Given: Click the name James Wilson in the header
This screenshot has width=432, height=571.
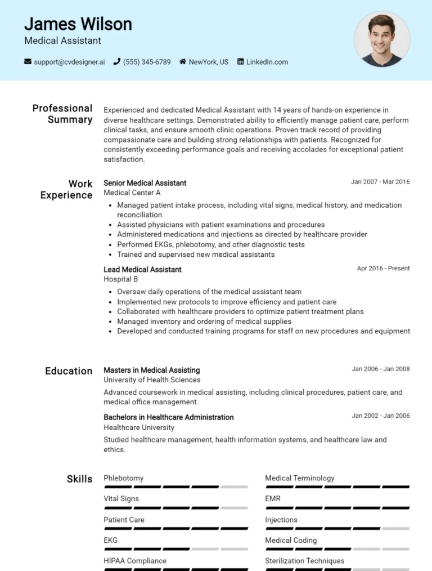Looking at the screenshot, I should (x=78, y=24).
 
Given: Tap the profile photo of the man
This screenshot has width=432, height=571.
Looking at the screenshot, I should (x=382, y=39).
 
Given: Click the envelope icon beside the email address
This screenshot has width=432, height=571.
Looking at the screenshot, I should (x=28, y=62).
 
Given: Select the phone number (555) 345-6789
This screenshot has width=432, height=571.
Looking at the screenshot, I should (x=147, y=62).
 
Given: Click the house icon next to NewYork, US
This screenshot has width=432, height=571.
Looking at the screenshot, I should (x=183, y=62).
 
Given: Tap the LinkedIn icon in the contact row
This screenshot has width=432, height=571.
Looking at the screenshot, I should (x=241, y=62).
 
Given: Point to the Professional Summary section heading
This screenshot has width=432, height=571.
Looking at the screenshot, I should (x=62, y=114).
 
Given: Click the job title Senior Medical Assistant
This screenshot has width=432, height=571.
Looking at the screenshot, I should (x=145, y=183).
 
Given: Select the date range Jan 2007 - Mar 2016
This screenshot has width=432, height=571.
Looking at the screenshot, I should (x=380, y=182).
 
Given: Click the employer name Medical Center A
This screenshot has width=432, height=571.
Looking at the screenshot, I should (x=132, y=193).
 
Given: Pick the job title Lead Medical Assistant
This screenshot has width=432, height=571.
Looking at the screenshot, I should (x=142, y=270).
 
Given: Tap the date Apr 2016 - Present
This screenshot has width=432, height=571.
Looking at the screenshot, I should (x=383, y=268).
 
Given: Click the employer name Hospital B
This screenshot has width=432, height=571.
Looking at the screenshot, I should (x=121, y=279).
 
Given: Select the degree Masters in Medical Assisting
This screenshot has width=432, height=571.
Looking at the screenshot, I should (x=152, y=371).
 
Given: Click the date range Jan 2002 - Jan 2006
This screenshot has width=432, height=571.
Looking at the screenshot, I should (x=381, y=416).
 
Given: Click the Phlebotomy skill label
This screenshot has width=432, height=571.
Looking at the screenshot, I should (x=124, y=478).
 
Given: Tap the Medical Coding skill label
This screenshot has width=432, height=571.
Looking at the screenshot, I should (x=291, y=540).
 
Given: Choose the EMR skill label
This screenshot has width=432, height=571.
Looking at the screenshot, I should (x=273, y=498).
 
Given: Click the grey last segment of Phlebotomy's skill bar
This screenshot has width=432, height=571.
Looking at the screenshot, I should (x=234, y=487).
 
